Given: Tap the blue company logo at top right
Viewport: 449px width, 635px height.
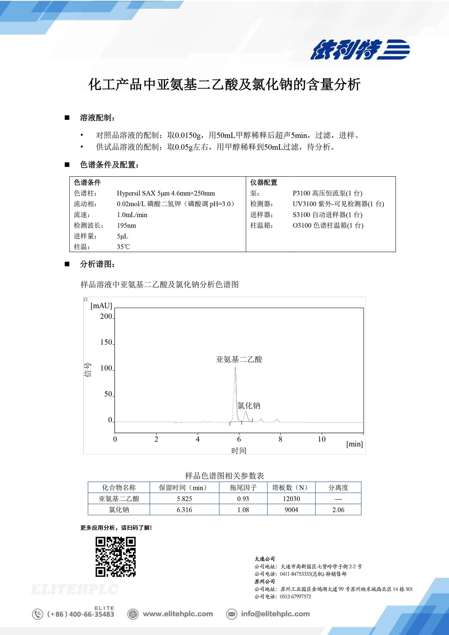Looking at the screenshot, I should coord(360,49).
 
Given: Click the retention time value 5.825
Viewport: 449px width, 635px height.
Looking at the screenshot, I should coord(184,499).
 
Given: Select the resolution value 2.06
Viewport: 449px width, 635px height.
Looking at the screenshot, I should coord(338,510).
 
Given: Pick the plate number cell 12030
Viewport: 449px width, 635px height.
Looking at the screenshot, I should coord(291,499).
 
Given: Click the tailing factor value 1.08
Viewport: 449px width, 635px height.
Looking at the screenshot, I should coord(243,510).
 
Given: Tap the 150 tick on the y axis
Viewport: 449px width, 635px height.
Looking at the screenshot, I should coord(106,342).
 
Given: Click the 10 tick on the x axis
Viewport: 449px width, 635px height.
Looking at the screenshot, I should coord(321,439).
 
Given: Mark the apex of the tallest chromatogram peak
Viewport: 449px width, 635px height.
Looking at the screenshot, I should coord(235,367).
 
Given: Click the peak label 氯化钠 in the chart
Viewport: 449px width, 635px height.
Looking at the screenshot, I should coord(249,406).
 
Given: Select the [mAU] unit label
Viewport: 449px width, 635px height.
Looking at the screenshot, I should coord(101,306).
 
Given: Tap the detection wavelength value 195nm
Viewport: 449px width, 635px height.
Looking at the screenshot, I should coord(126,225).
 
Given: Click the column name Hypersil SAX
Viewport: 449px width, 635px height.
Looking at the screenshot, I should coord(136,193).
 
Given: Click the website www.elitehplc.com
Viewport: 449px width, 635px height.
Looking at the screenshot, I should coord(178,614).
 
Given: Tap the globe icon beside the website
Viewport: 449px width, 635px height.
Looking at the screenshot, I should coord(133,614).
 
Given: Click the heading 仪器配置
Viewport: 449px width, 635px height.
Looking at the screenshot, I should coord(264,183).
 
